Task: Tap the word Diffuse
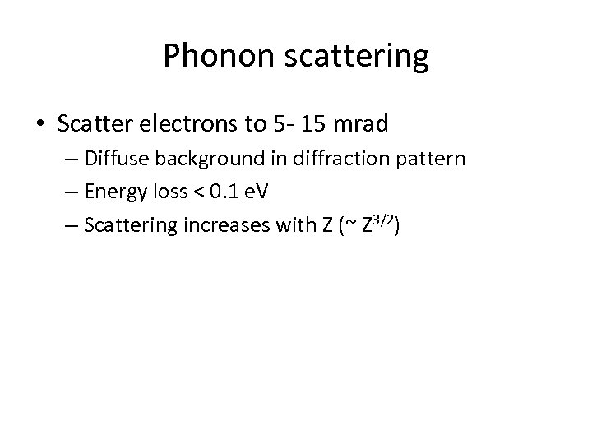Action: tap(111, 160)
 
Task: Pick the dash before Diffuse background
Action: tap(71, 160)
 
